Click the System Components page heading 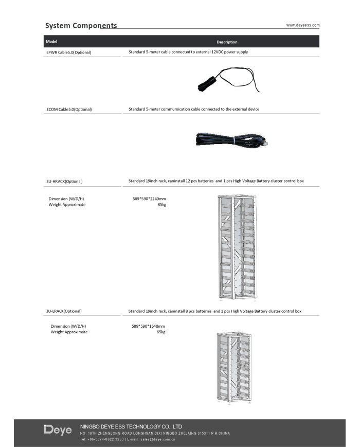point(81,25)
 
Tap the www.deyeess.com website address point(303,25)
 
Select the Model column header point(51,41)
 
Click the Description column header point(227,42)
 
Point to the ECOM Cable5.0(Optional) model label point(69,109)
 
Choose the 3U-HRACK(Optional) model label point(64,181)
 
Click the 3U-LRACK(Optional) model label point(64,311)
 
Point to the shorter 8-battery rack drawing point(234,368)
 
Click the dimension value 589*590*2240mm point(149,199)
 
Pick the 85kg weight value point(161,205)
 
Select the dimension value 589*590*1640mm point(148,326)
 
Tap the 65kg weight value point(160,332)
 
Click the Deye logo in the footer point(58,430)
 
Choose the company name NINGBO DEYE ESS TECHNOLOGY point(131,426)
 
